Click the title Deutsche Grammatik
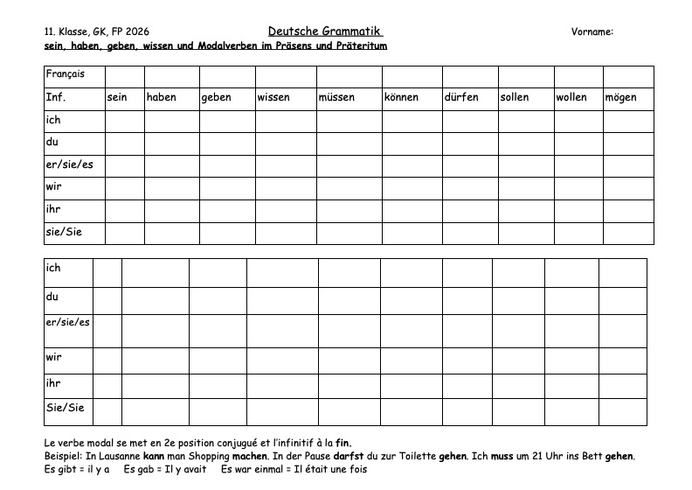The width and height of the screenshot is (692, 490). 325,31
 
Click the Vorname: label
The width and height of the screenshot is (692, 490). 592,31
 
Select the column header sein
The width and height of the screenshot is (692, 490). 117,98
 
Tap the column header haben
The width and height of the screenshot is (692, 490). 162,98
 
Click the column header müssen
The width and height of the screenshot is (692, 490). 336,98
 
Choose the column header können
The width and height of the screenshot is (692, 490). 401,98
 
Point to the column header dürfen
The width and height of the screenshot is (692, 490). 461,98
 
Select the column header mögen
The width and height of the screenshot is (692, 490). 620,98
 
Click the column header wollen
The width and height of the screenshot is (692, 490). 571,98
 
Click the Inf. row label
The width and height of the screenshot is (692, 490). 55,98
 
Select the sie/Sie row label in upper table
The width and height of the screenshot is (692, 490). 63,232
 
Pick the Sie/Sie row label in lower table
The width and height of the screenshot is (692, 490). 65,409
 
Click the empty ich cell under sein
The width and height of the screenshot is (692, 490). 124,121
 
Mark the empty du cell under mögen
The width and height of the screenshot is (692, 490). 628,143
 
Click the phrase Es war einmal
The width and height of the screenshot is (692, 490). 249,470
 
